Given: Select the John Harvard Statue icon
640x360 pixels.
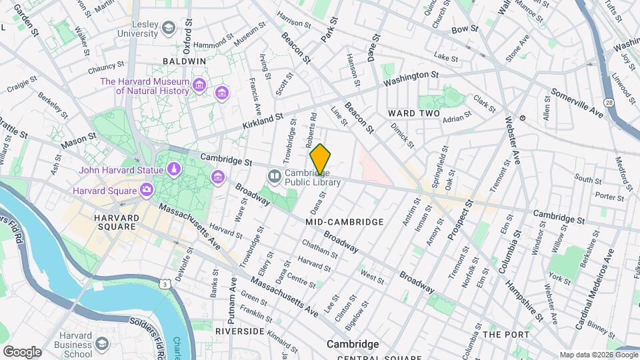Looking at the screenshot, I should (x=173, y=169).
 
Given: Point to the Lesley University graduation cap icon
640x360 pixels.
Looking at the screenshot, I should (x=169, y=28).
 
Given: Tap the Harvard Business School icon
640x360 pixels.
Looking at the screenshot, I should (x=102, y=343).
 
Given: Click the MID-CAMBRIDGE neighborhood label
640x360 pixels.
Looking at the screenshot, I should (x=344, y=221).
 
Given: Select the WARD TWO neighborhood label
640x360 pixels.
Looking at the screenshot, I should (x=414, y=114).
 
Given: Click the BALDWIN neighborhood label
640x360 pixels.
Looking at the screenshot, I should (x=184, y=61).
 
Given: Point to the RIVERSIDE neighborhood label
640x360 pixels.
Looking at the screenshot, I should (x=240, y=331).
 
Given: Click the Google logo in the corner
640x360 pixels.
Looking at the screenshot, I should (x=21, y=351).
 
